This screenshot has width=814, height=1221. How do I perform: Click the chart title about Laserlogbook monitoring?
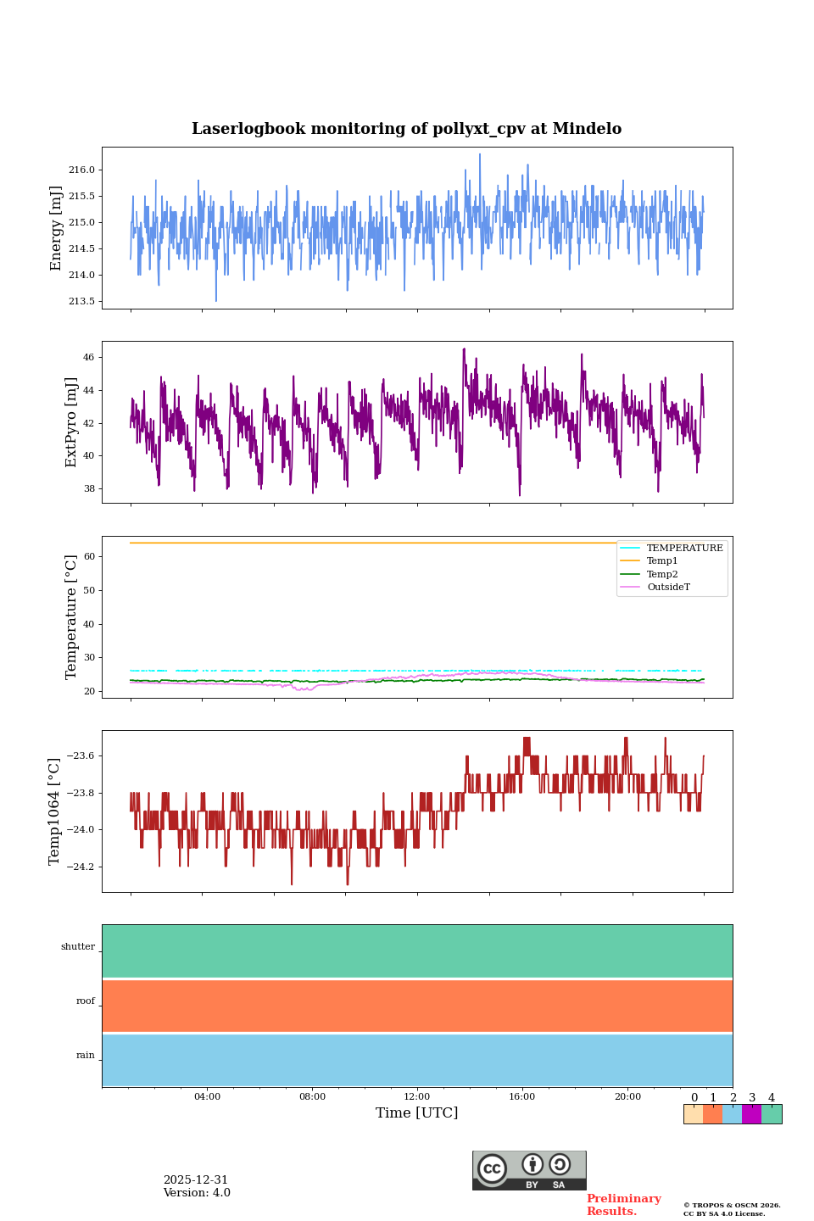click(406, 129)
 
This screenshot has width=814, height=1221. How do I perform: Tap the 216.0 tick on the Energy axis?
click(82, 170)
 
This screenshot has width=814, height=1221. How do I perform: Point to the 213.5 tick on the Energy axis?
click(82, 301)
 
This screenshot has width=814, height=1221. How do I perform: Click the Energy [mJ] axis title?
click(57, 228)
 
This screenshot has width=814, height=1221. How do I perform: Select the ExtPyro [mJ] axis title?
click(71, 422)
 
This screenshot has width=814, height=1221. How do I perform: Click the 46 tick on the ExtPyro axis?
click(89, 358)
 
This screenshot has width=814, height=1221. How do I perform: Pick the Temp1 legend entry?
click(662, 561)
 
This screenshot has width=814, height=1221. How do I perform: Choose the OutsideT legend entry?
click(668, 588)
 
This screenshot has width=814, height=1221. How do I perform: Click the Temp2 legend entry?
click(662, 574)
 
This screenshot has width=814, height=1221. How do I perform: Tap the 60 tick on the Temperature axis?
click(89, 557)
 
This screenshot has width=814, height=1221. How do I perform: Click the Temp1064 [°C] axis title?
click(55, 811)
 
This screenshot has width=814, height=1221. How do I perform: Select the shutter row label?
click(78, 947)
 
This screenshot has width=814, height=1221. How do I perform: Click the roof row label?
click(86, 1001)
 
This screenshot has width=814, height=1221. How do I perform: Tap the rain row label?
click(86, 1056)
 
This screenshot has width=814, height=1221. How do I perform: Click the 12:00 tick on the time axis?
click(417, 1096)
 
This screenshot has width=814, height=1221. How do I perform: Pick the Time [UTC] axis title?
click(417, 1112)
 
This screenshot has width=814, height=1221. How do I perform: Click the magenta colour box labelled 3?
click(751, 1114)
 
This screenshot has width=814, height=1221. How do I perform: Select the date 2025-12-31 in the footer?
click(196, 1180)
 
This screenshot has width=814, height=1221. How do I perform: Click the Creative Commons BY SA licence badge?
click(529, 1170)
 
